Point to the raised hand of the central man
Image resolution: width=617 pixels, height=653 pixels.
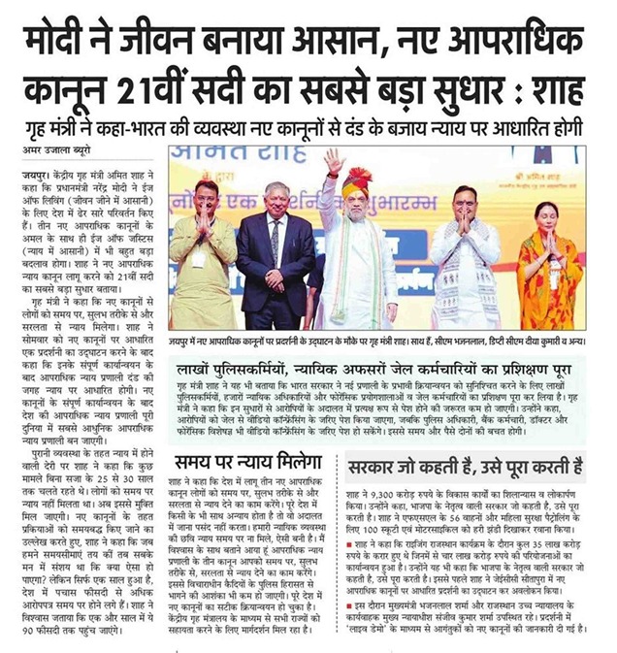tap(336, 159)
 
